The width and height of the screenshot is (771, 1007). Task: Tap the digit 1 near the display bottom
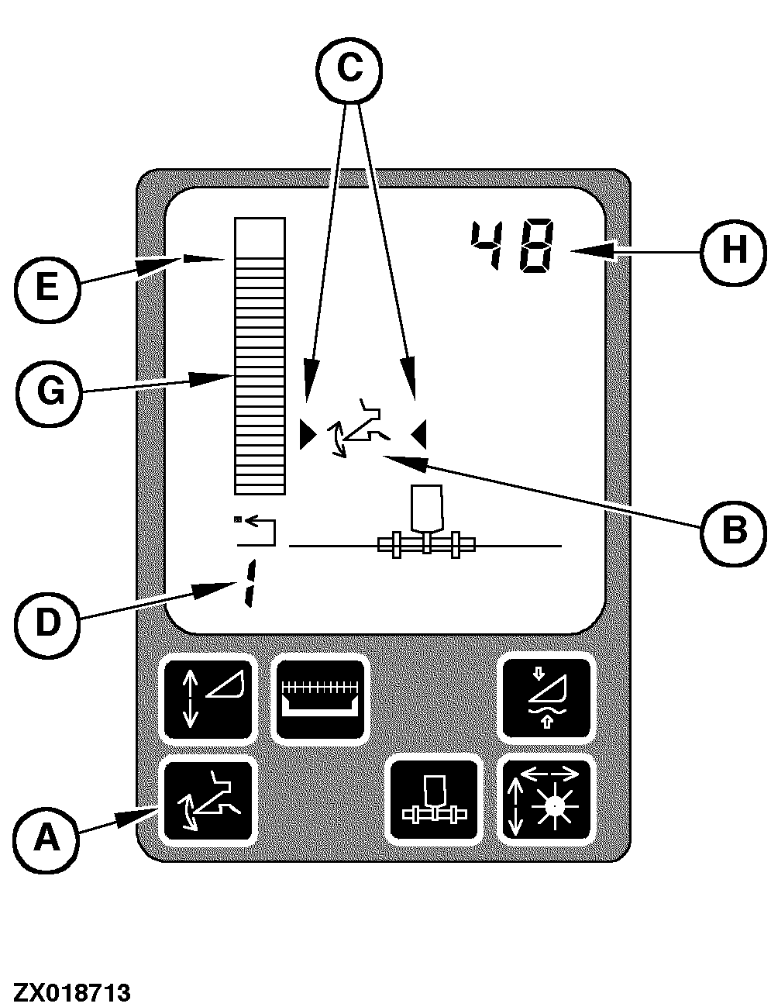click(x=248, y=582)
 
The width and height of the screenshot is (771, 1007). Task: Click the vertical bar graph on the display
click(x=260, y=357)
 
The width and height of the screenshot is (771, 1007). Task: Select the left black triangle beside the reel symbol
click(x=308, y=435)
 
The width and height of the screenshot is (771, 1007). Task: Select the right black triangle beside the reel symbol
click(x=419, y=435)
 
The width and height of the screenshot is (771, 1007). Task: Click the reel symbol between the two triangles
click(x=361, y=429)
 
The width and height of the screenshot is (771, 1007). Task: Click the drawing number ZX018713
click(x=71, y=992)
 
